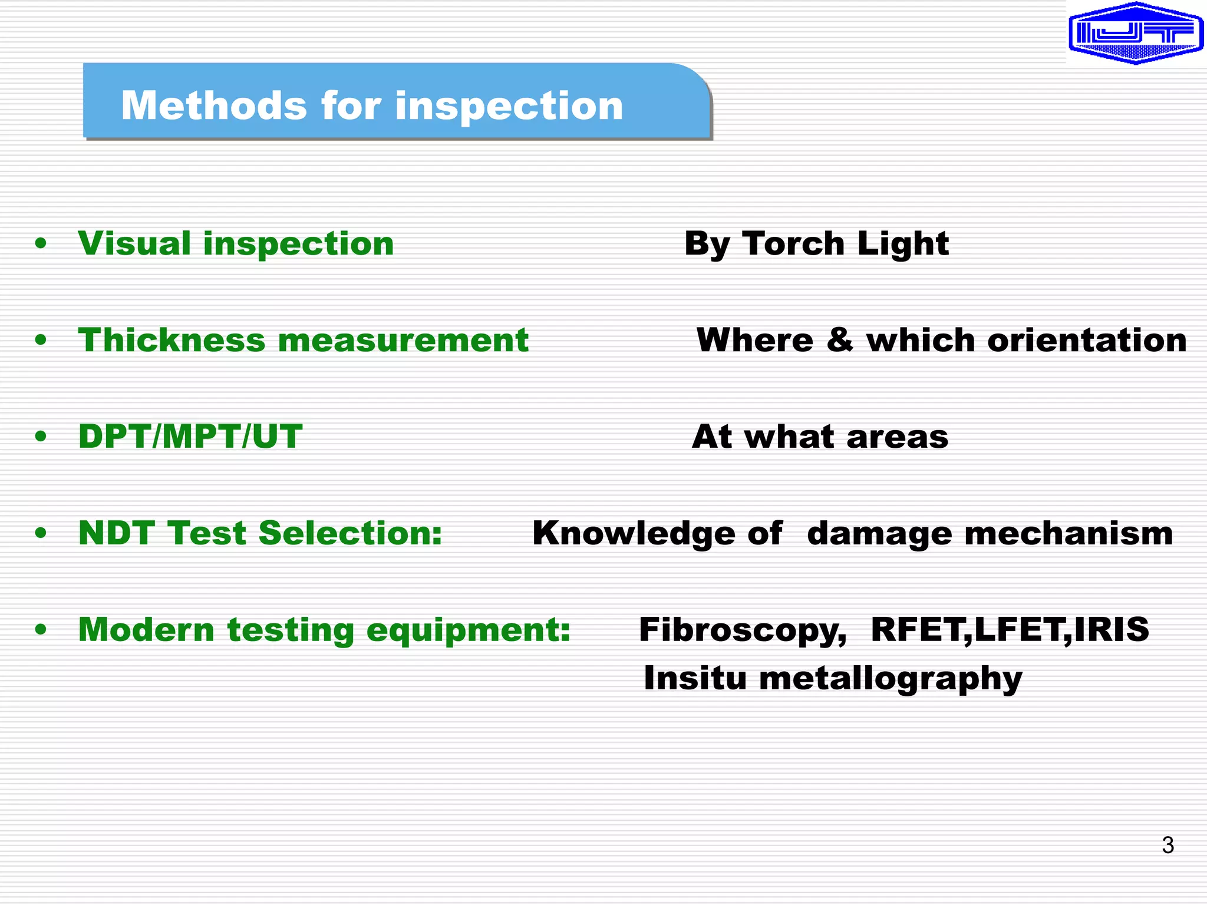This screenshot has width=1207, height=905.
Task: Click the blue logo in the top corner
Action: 1135,33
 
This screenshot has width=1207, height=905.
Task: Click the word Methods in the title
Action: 214,106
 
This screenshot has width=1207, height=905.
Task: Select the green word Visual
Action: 134,243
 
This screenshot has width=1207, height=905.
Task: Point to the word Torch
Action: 793,243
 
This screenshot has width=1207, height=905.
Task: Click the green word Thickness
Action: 172,340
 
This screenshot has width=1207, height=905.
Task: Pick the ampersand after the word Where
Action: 839,340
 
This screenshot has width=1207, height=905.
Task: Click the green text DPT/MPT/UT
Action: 190,437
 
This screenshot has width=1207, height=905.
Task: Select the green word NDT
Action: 116,533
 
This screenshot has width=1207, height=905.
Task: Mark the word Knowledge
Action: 634,533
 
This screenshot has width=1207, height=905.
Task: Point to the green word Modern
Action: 146,629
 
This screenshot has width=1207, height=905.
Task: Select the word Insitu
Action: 695,678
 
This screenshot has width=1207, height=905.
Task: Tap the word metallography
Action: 891,679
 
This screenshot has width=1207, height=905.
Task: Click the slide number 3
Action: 1168,845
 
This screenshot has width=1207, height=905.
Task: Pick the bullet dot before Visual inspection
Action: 41,243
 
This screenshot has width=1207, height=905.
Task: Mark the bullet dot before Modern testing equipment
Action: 41,629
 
